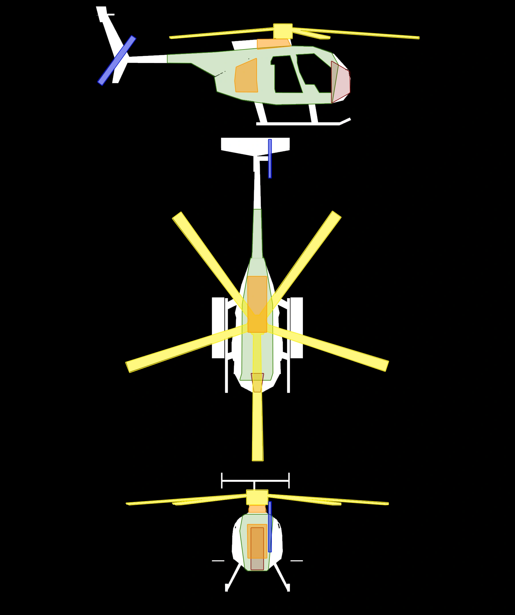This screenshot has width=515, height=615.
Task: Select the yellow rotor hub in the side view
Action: [283, 31]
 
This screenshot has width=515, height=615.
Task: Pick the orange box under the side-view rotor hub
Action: [273, 44]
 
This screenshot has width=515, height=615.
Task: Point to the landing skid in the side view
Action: [299, 124]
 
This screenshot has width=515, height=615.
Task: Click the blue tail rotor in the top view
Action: [270, 158]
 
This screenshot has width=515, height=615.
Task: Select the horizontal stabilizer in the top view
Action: [255, 145]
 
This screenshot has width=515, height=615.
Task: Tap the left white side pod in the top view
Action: [218, 328]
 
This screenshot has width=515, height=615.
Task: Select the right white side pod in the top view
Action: [296, 328]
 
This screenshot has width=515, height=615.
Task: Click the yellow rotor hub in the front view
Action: [257, 497]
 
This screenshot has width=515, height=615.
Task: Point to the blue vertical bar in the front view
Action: [270, 527]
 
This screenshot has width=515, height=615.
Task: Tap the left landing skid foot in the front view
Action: [226, 588]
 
